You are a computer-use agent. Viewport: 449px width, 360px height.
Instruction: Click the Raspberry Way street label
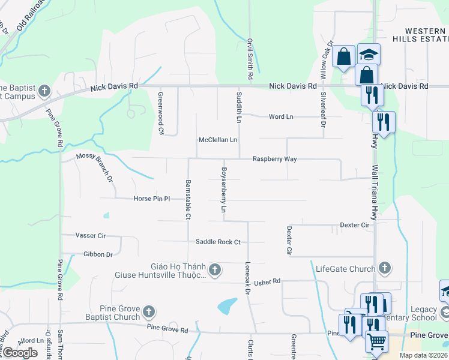tap(274, 159)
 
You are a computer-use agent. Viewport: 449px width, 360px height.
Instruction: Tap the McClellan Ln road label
tap(218, 140)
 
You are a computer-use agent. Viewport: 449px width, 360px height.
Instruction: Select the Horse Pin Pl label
tap(152, 199)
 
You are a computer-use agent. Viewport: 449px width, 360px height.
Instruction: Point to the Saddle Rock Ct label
tap(218, 242)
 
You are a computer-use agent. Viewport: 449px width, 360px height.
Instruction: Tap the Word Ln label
tap(281, 116)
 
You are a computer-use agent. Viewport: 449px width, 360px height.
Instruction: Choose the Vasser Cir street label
tap(91, 236)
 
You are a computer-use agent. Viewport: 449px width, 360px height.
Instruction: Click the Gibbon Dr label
tap(98, 254)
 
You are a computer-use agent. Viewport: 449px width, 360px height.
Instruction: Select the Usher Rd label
tap(268, 281)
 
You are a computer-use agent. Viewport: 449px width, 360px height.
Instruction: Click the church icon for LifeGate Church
tap(385, 268)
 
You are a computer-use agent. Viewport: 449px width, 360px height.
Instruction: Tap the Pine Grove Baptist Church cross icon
tap(149, 313)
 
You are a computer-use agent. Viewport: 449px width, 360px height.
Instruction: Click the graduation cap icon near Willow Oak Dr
tap(369, 55)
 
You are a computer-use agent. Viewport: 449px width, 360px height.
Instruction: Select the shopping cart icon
tap(377, 341)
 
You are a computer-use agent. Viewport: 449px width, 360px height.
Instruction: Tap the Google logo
tap(20, 352)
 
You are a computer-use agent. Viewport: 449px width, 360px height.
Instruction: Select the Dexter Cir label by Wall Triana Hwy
tap(355, 225)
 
